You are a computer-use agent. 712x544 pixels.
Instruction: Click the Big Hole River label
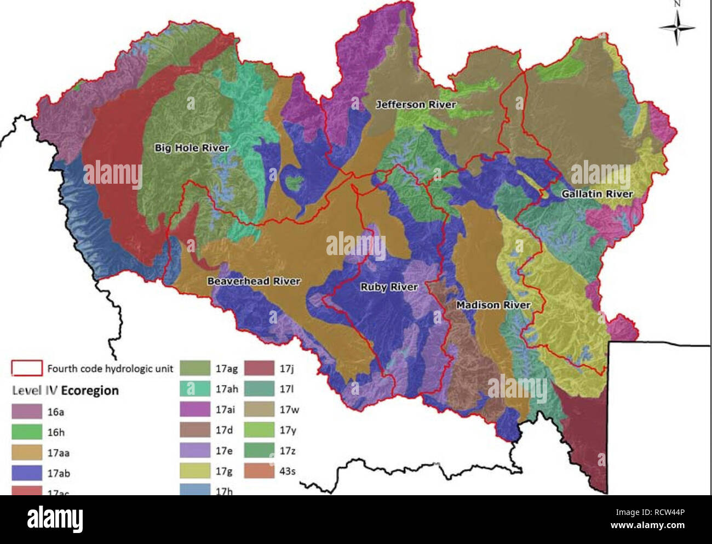click(x=192, y=148)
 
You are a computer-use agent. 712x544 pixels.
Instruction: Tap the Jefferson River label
click(x=416, y=105)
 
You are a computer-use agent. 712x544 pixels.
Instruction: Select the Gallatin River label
click(x=597, y=194)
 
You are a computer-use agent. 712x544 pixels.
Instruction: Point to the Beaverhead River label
click(x=254, y=281)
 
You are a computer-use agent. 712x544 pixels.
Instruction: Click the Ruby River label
click(x=389, y=287)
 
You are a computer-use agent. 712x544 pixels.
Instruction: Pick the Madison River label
click(x=493, y=305)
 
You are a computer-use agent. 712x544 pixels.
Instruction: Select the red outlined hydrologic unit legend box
click(x=27, y=368)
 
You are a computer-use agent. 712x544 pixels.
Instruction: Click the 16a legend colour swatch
click(x=27, y=411)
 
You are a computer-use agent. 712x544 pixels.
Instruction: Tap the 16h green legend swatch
click(x=27, y=432)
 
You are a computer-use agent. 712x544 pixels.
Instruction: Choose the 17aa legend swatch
click(x=27, y=452)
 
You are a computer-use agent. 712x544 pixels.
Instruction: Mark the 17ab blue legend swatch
click(x=27, y=473)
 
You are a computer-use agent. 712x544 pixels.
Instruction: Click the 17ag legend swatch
click(x=195, y=368)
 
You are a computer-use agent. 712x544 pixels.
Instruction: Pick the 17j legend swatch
click(x=259, y=368)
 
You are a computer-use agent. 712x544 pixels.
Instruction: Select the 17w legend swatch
click(x=259, y=409)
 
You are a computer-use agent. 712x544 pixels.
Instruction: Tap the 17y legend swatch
click(x=259, y=430)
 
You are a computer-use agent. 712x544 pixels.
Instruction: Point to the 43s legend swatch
click(x=259, y=471)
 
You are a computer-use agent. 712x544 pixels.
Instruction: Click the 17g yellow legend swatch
click(x=195, y=471)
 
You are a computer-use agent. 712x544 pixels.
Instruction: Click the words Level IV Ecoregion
click(x=65, y=390)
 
